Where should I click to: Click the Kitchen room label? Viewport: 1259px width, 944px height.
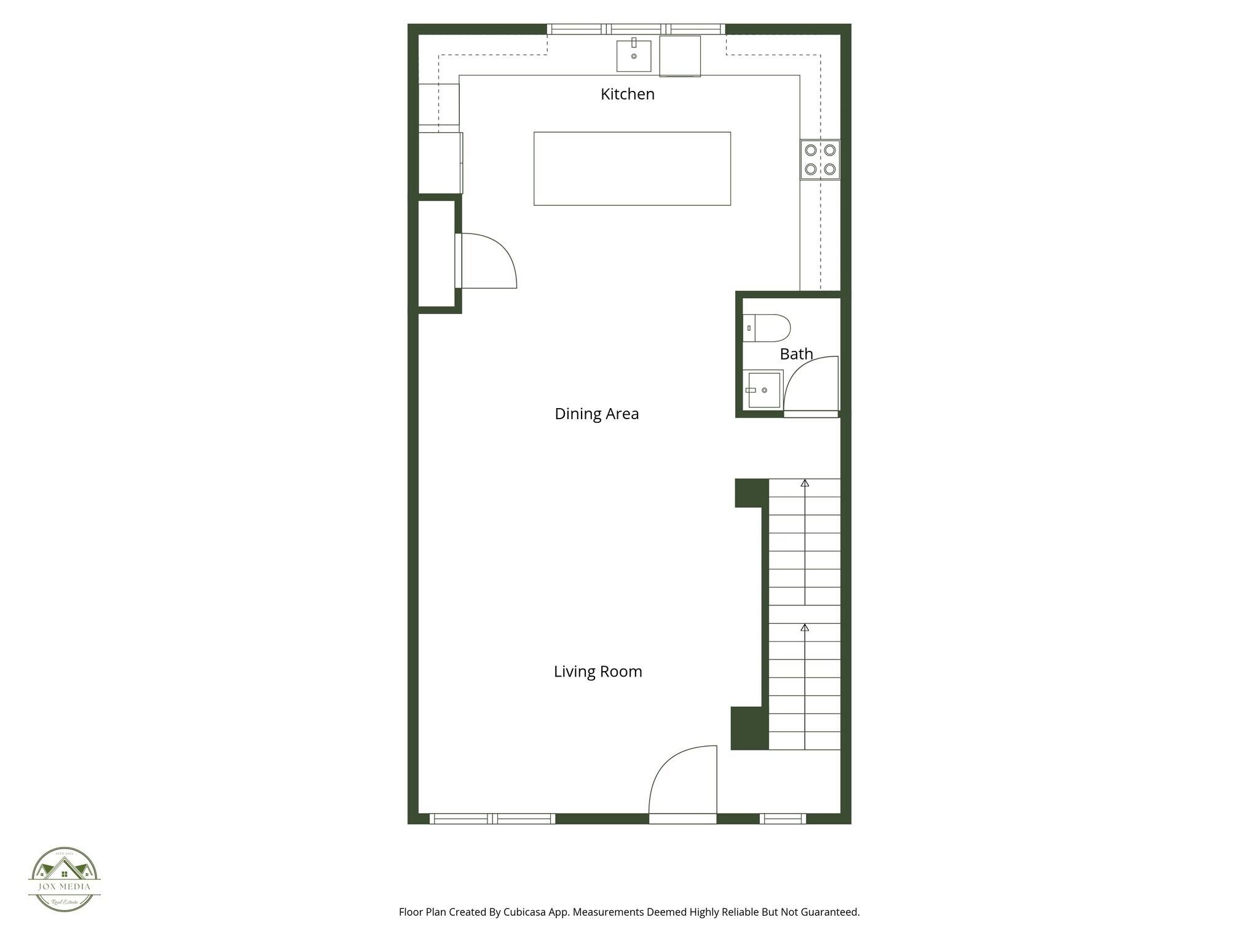click(627, 94)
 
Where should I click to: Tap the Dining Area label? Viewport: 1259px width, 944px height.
click(596, 414)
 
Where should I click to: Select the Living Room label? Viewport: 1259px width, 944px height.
click(598, 671)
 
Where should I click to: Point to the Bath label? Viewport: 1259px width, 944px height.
click(796, 354)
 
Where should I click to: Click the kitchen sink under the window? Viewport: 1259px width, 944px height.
click(634, 56)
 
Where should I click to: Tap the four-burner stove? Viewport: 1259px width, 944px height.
click(820, 160)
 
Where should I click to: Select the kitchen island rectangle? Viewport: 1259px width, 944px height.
click(632, 168)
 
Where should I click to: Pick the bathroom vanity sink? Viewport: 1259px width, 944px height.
click(764, 390)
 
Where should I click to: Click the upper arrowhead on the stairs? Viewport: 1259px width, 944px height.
click(805, 483)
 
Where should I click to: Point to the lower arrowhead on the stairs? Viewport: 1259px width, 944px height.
click(805, 627)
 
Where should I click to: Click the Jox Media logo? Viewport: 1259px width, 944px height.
click(65, 879)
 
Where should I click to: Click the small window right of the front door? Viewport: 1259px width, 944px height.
click(783, 819)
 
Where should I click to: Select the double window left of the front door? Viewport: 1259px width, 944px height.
click(492, 819)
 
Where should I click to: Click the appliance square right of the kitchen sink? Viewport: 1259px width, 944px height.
click(680, 56)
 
